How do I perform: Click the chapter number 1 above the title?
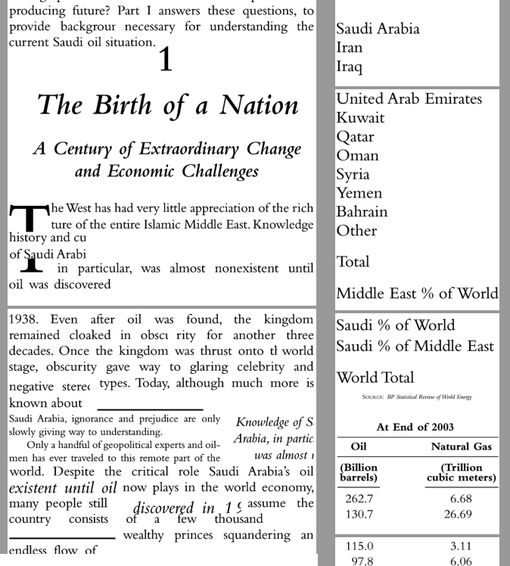[165, 61]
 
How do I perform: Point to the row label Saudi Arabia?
[378, 29]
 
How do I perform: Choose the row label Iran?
[350, 48]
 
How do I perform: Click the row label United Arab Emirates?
[409, 99]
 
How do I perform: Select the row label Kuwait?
[360, 118]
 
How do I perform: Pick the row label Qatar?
[356, 137]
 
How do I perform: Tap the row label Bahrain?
[362, 212]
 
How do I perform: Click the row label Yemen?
[359, 193]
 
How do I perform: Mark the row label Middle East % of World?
[417, 294]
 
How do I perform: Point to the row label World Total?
[375, 377]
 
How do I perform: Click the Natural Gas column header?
[461, 446]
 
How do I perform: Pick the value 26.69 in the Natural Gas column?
[461, 515]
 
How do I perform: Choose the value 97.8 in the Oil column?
[359, 561]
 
